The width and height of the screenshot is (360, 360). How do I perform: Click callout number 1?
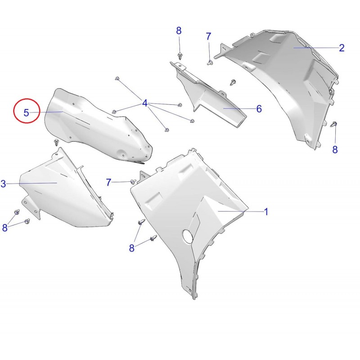266,211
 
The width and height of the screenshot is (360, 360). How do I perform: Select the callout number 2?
342,48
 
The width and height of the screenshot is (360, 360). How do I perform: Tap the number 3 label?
3,184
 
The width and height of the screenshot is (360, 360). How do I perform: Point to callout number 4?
144,103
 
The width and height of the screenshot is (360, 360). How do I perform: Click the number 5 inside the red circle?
27,113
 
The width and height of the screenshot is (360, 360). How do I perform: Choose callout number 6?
259,109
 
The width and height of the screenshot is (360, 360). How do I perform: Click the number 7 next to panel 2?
208,36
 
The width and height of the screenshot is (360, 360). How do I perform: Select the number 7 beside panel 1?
108,182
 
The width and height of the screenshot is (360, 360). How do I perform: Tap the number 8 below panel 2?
335,150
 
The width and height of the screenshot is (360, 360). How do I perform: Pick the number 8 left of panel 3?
4,228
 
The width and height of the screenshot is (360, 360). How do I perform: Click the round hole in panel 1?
188,236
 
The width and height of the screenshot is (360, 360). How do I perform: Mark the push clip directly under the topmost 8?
180,56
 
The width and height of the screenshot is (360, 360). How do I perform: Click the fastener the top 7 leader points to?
210,63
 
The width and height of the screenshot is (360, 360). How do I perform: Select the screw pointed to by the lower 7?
133,182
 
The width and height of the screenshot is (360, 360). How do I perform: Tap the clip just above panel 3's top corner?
56,142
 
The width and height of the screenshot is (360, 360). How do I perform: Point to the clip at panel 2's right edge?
333,125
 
